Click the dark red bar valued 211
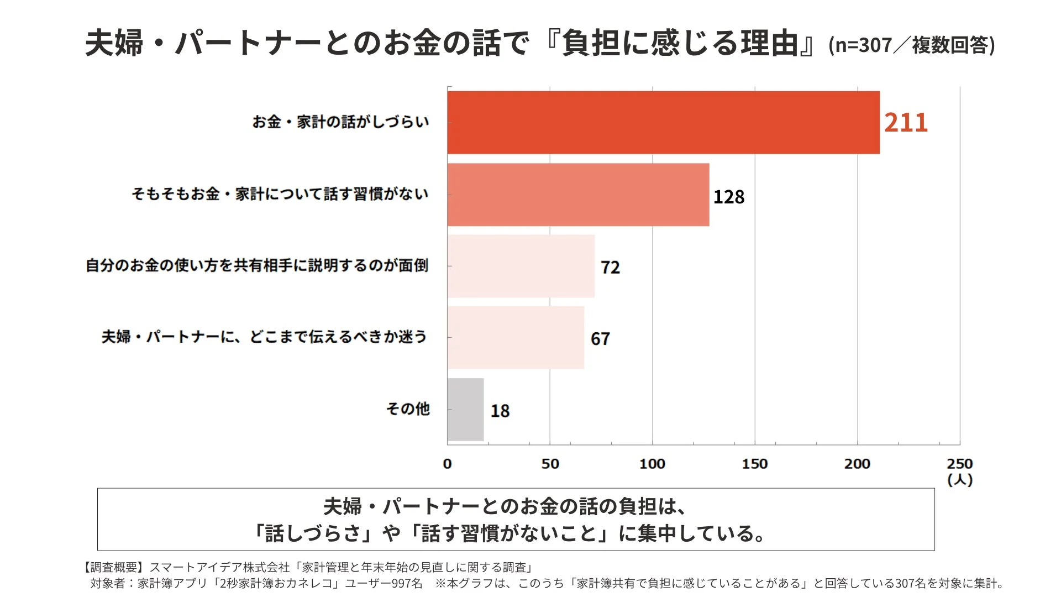663,122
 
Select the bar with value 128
578,195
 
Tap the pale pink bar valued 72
521,266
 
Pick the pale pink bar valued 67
516,337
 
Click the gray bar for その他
465,410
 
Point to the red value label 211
906,122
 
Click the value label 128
729,197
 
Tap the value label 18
500,411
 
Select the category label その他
408,409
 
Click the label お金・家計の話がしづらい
340,122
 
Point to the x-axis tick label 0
447,464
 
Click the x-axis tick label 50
550,464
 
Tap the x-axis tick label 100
652,464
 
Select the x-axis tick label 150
755,464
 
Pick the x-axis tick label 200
857,464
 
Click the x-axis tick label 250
960,463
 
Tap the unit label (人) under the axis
960,479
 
